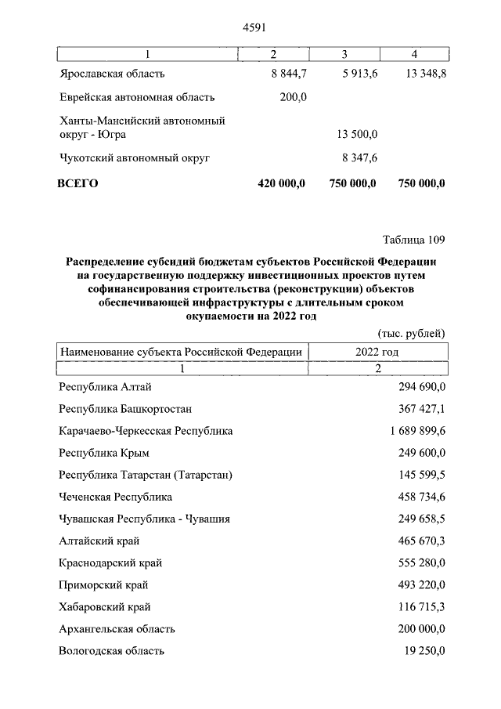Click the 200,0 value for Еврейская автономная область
point(293,98)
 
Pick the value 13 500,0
point(357,134)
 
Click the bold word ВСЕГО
point(77,183)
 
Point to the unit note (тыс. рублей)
point(412,333)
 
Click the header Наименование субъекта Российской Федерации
point(182,352)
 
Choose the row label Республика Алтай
point(105,387)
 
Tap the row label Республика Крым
point(104,453)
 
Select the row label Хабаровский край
point(105,606)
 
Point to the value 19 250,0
point(419,650)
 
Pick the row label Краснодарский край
point(110,562)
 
